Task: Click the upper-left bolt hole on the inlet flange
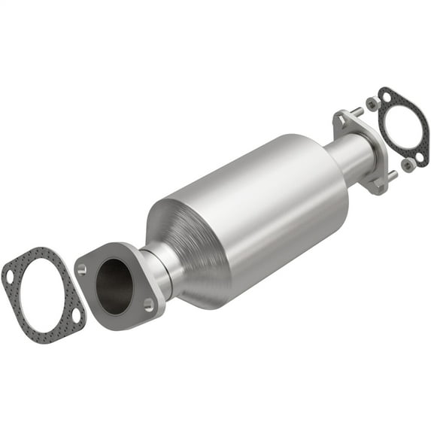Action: tap(82, 267)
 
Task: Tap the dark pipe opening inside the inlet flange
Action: tap(114, 285)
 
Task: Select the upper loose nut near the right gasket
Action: tap(372, 102)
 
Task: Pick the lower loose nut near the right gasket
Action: tap(407, 164)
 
